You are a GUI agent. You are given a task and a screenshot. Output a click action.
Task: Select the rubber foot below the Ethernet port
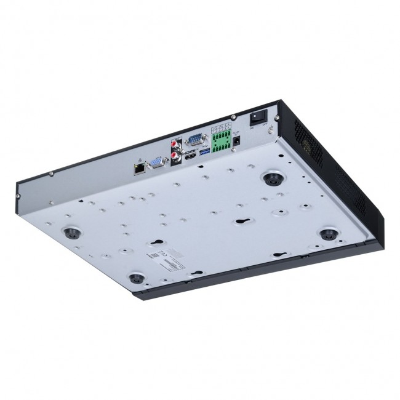tap(73, 232)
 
